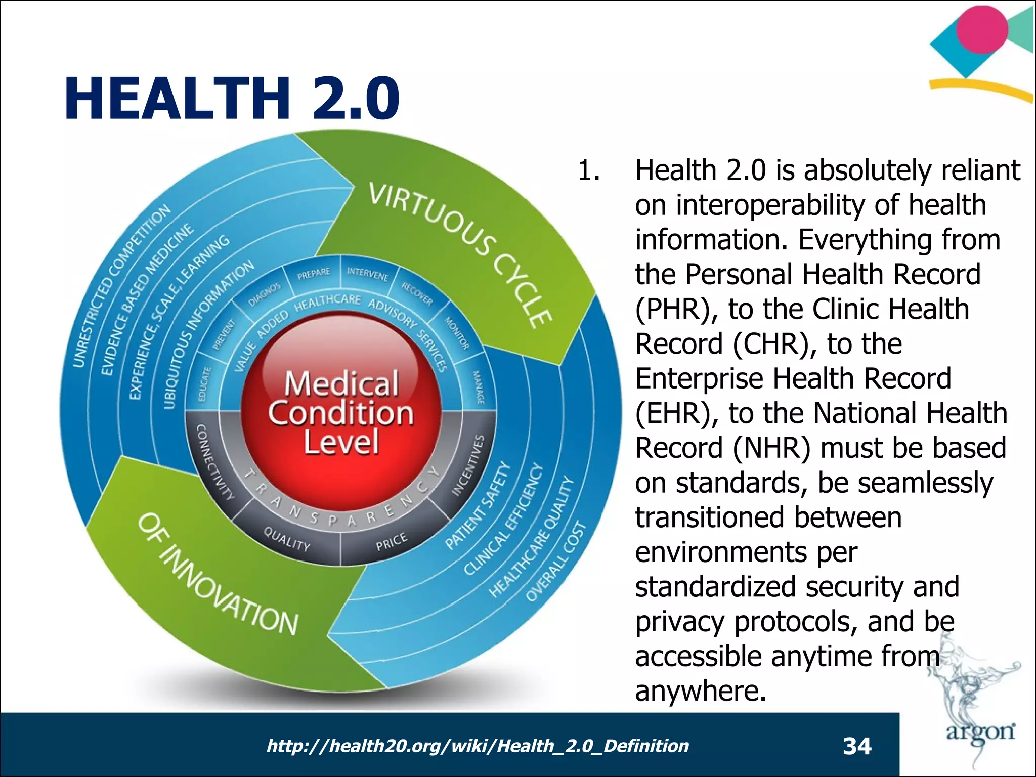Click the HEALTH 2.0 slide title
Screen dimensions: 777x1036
click(232, 98)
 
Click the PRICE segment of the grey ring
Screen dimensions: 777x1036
click(391, 542)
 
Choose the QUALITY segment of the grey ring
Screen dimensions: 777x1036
click(287, 539)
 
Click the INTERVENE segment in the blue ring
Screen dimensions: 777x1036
click(368, 275)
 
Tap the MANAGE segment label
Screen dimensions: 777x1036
click(478, 387)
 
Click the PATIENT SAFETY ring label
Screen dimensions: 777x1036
click(478, 505)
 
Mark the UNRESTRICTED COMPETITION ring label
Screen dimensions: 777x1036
click(121, 286)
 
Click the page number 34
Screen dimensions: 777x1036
click(857, 746)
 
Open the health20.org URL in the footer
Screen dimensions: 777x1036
click(478, 746)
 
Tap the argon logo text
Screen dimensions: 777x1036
click(980, 731)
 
